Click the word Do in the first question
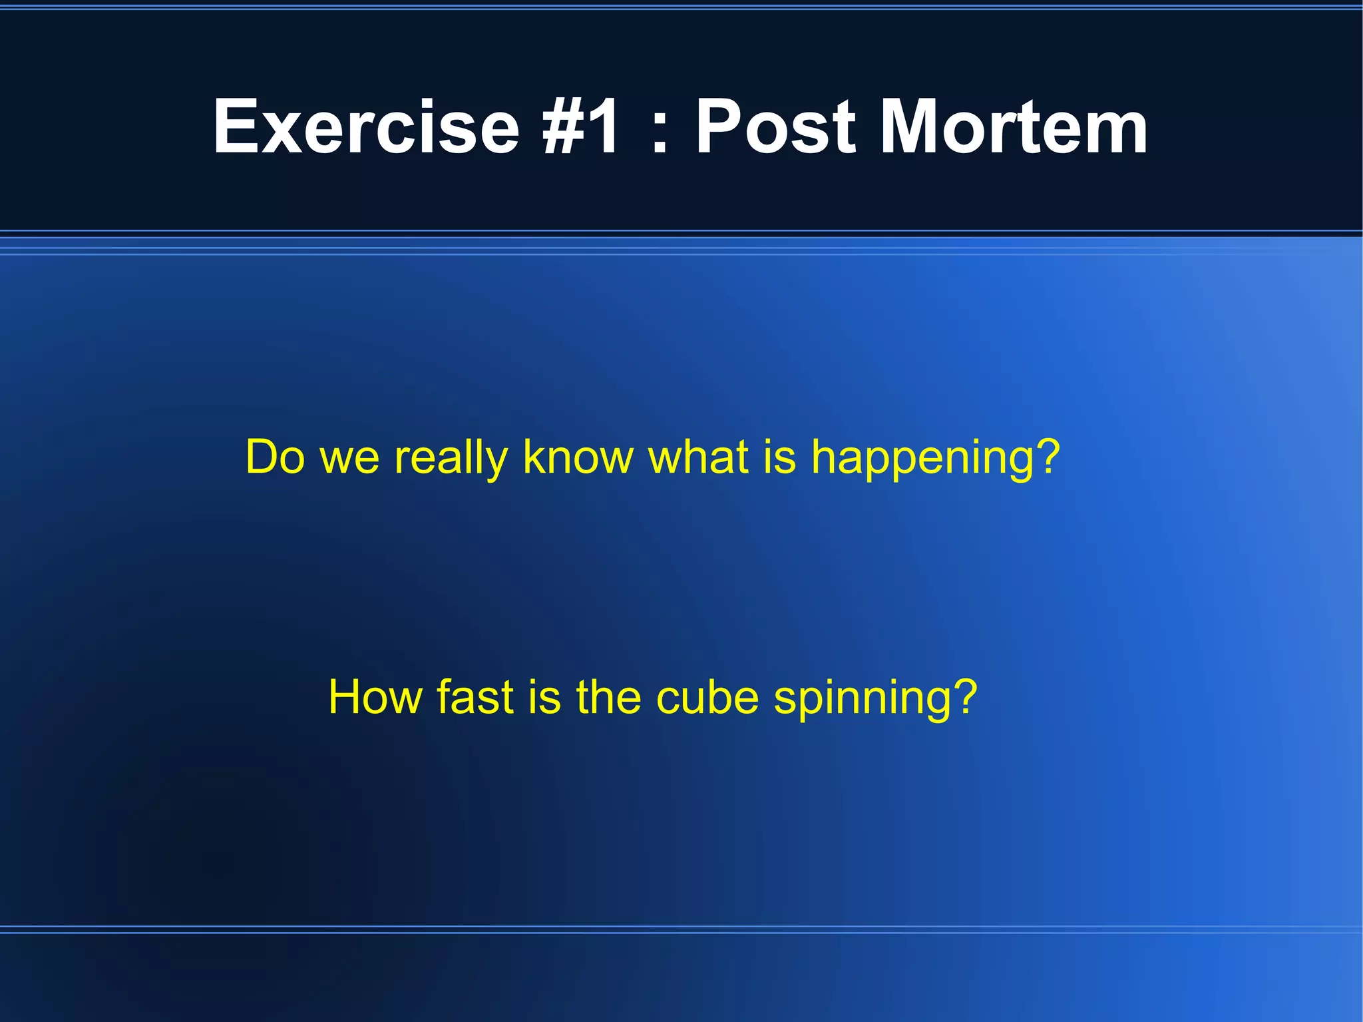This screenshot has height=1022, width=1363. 275,457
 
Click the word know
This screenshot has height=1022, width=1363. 578,457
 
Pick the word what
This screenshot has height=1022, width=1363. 698,457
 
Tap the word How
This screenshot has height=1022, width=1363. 374,697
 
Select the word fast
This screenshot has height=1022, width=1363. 475,697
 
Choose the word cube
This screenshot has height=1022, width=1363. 707,697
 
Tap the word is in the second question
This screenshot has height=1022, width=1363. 544,697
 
